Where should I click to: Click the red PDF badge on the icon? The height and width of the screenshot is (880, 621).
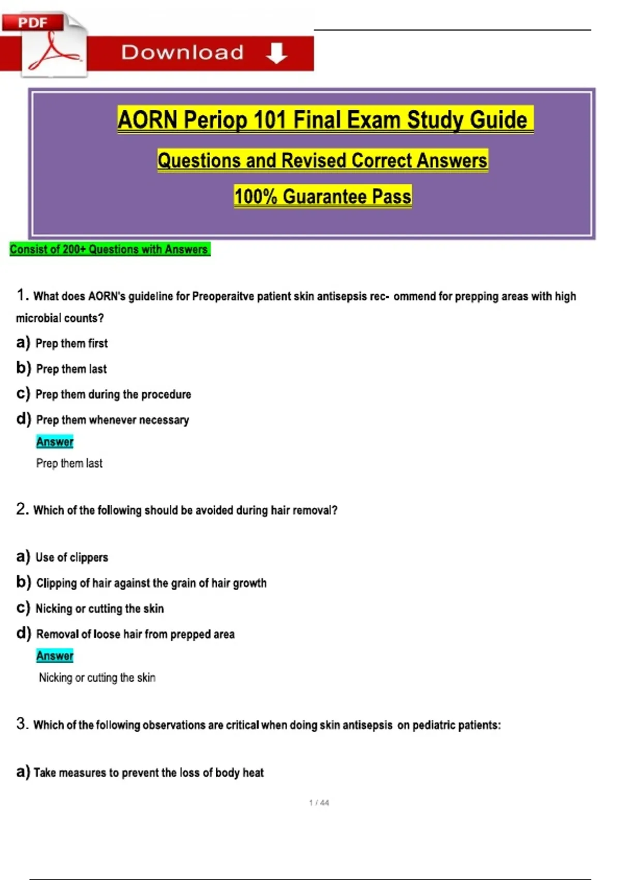pyautogui.click(x=33, y=22)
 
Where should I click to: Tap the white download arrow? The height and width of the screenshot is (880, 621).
pyautogui.click(x=277, y=53)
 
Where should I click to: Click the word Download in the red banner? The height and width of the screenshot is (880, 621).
pyautogui.click(x=182, y=53)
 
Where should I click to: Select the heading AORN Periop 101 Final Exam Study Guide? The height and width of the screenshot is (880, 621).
pyautogui.click(x=324, y=120)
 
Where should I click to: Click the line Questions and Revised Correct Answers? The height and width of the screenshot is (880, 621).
pyautogui.click(x=322, y=160)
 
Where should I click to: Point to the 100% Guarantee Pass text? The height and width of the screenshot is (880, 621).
pyautogui.click(x=322, y=197)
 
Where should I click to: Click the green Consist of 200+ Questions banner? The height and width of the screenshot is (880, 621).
pyautogui.click(x=109, y=250)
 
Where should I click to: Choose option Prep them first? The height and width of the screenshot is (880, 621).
pyautogui.click(x=71, y=343)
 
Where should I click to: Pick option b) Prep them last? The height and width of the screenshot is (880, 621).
pyautogui.click(x=71, y=369)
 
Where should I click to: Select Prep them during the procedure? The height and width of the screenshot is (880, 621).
pyautogui.click(x=113, y=394)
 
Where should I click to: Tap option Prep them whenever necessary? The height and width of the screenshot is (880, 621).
pyautogui.click(x=112, y=420)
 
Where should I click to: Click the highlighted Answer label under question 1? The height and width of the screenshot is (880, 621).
pyautogui.click(x=55, y=442)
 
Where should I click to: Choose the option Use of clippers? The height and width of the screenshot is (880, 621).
pyautogui.click(x=71, y=558)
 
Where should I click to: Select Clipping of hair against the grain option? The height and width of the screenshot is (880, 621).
pyautogui.click(x=151, y=583)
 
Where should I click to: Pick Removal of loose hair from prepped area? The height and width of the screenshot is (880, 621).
pyautogui.click(x=135, y=634)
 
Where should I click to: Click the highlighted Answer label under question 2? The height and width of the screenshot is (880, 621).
pyautogui.click(x=55, y=656)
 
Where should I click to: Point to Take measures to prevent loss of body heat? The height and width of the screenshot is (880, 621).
pyautogui.click(x=149, y=773)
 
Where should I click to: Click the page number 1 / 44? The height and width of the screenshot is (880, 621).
pyautogui.click(x=319, y=803)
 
